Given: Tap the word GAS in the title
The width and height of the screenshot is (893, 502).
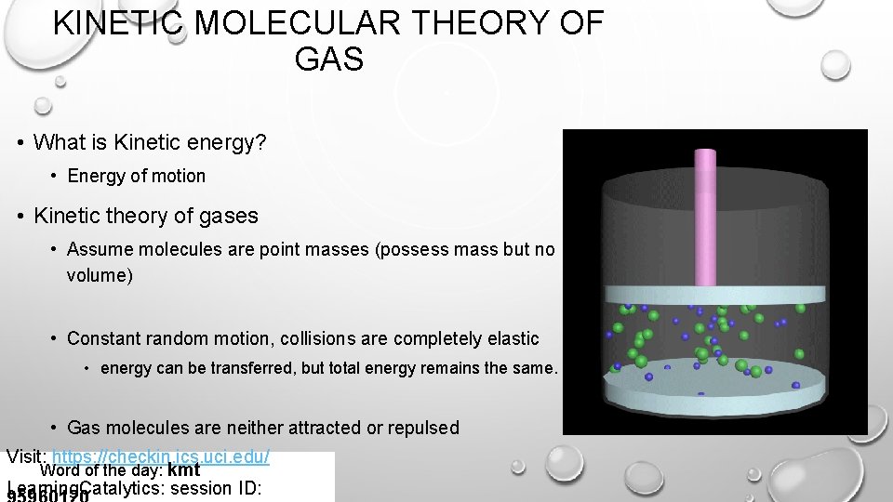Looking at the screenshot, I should coord(328,60).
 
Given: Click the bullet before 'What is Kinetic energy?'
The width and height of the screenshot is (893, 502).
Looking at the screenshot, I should coord(20,143).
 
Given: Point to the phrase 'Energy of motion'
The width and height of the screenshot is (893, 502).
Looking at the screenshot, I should coord(137,176).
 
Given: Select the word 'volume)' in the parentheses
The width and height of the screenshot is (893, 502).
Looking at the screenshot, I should coord(100,276).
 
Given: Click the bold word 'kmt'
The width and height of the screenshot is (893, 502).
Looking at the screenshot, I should coord(183,470).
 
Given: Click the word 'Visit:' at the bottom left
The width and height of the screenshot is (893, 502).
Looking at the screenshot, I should coord(27,456).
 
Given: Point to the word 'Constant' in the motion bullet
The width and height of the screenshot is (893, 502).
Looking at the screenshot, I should coord(102,338).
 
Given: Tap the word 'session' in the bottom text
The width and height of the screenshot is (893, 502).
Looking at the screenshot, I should coord(206,489).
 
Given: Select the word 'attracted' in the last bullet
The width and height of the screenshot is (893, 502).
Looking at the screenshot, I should coord(327,428).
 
